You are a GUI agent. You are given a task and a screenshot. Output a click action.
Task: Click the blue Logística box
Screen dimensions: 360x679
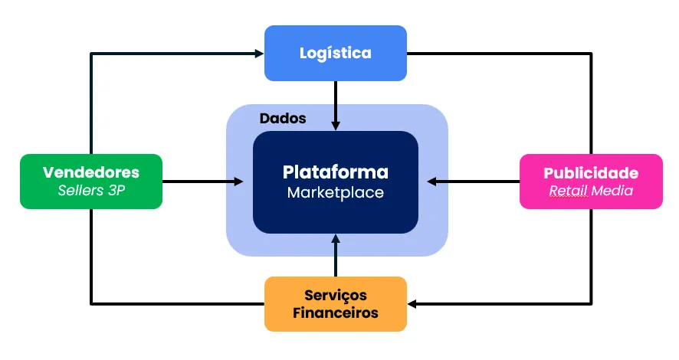335,53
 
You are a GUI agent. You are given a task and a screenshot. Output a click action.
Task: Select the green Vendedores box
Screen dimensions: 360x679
90,181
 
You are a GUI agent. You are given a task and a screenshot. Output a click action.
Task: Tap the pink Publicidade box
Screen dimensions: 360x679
590,182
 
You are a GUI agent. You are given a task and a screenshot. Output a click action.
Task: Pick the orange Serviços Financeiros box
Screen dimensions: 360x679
335,304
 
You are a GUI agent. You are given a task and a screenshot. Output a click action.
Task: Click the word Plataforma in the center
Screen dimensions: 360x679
335,172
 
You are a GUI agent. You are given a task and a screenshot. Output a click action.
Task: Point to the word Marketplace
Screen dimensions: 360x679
335,193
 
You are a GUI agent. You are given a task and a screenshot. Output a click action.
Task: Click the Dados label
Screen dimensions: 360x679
283,119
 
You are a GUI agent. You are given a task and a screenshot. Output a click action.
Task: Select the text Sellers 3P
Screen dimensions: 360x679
90,191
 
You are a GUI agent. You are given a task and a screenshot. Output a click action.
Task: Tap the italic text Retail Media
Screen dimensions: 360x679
590,191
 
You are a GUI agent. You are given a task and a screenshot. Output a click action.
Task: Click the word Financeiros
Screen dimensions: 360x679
335,313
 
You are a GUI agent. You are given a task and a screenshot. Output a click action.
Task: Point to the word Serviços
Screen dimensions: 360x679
335,295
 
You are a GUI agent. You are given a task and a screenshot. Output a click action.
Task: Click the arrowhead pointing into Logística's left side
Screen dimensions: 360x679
258,53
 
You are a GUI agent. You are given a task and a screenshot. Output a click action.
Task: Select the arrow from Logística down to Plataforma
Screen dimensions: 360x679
335,103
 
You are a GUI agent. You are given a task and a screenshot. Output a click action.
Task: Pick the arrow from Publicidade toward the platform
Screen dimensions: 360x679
471,182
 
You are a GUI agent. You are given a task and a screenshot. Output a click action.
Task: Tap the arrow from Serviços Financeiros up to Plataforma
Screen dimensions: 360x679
335,257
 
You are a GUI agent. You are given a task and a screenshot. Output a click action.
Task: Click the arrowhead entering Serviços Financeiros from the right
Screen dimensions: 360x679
413,304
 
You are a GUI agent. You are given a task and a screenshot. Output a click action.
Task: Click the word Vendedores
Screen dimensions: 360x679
90,172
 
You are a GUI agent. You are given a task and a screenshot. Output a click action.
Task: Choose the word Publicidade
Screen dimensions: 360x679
590,172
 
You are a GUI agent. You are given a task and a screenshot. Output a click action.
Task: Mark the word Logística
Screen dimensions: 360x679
335,53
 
